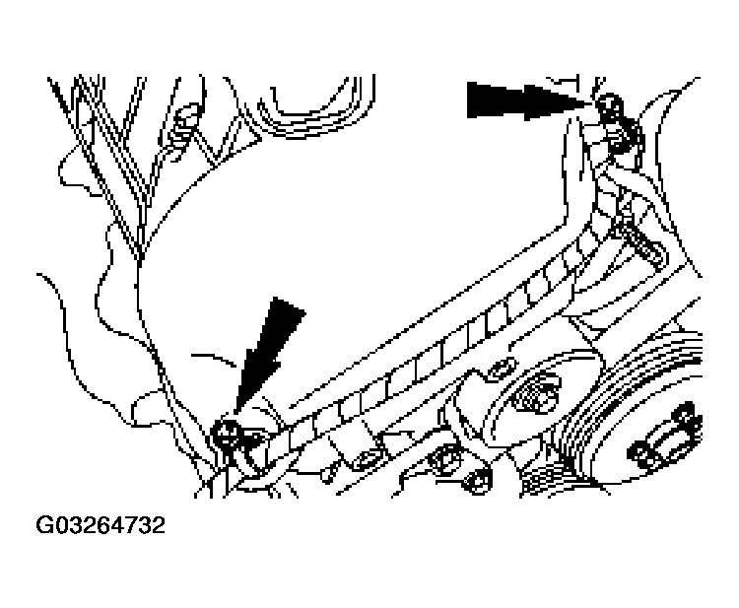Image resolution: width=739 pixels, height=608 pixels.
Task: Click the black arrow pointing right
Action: point(522,100)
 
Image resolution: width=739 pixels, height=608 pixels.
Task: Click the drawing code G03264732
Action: point(101,525)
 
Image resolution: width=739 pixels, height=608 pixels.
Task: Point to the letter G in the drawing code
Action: point(45,525)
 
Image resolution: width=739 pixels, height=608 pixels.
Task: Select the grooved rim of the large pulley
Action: point(601,414)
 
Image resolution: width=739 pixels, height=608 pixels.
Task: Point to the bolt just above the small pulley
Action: point(497,369)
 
